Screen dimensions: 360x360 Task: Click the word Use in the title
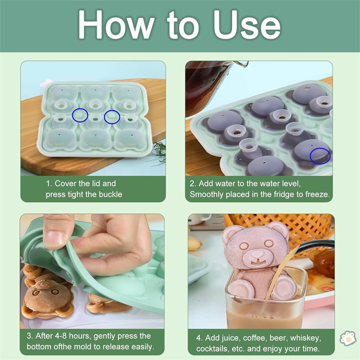coord(247,25)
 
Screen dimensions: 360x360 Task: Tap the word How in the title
coord(116,25)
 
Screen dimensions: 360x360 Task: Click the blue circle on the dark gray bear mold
coord(320,156)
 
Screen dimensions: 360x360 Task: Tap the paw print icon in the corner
coord(348,338)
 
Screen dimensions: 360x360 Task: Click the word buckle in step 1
coord(110,194)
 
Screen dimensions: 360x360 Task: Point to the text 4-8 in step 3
coord(61,336)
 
